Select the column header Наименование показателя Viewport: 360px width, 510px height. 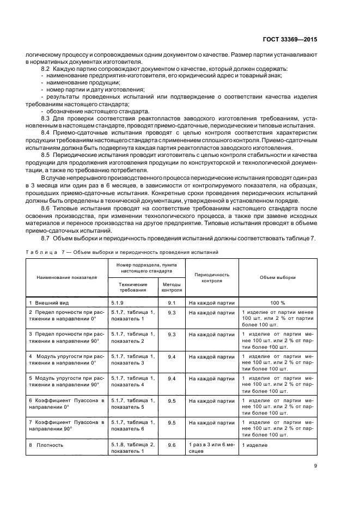pos(66,277)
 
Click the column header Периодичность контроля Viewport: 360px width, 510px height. pos(212,278)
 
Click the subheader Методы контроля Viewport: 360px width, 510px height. pos(172,287)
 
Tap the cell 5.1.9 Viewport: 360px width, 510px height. pos(118,302)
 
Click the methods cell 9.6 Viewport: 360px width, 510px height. pos(172,445)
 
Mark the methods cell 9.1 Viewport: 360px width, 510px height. pos(172,302)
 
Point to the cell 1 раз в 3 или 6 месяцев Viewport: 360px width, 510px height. pos(212,448)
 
